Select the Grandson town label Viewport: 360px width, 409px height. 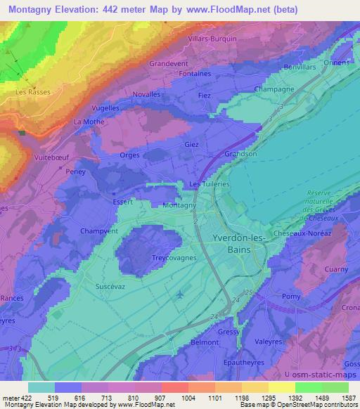click(x=240, y=154)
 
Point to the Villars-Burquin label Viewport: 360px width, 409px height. click(x=213, y=39)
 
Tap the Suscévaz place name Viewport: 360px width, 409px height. click(x=110, y=286)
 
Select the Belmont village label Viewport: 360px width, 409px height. click(x=205, y=342)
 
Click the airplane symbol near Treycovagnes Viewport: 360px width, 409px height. click(x=179, y=293)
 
